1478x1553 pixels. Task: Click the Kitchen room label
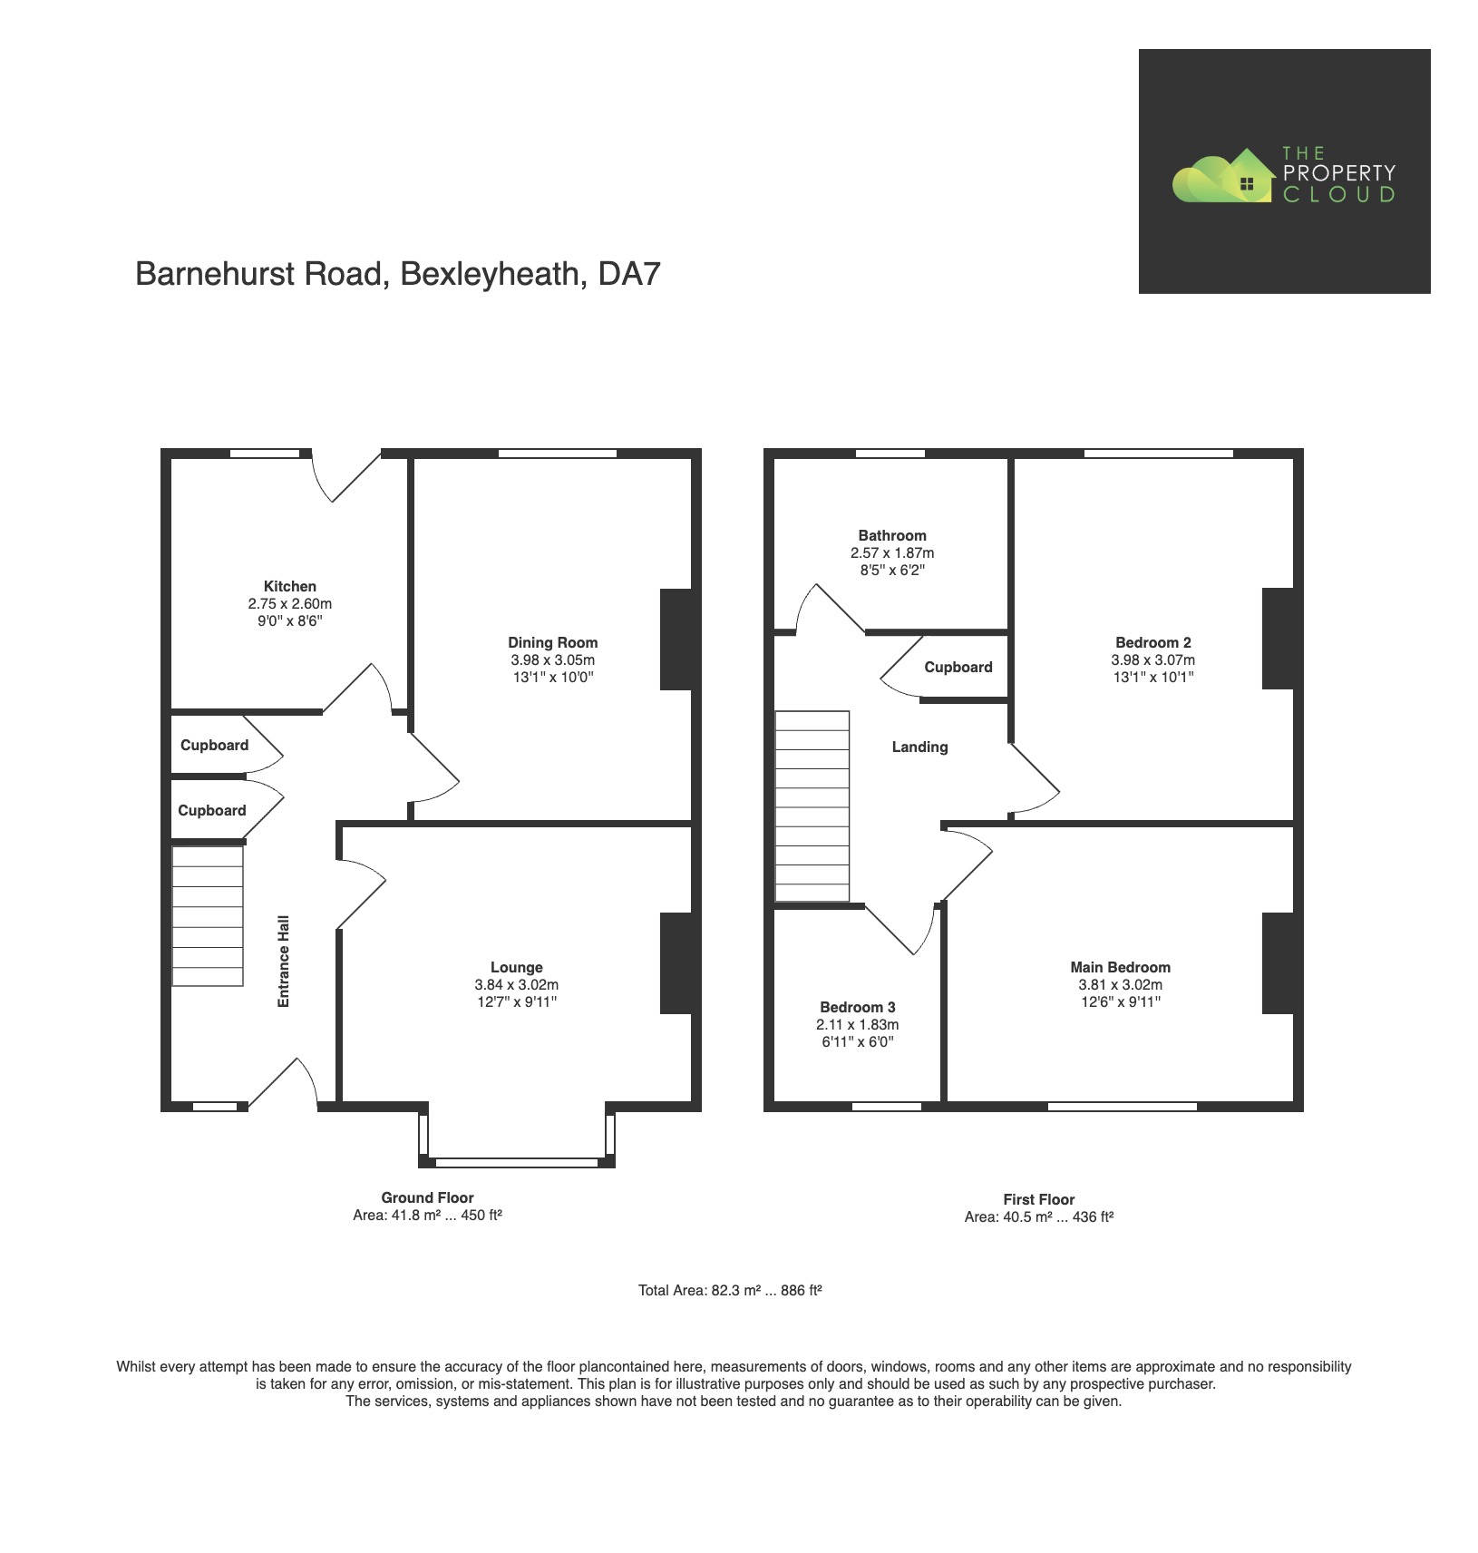pos(289,586)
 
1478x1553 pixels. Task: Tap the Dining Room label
pos(552,642)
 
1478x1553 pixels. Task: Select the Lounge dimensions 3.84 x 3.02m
pos(516,984)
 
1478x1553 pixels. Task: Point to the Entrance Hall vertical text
pos(284,961)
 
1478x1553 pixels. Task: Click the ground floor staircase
pos(208,916)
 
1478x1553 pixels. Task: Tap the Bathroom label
pos(892,535)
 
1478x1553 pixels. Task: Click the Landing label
pos(919,747)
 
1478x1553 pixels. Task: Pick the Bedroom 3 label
pos(857,1007)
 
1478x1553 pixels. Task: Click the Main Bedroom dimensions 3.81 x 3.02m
pos(1120,984)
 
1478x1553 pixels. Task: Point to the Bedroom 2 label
pos(1152,642)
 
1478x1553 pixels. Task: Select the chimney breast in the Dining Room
pos(676,640)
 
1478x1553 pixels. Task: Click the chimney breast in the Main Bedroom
pos(1278,962)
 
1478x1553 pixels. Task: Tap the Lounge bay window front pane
pos(516,1162)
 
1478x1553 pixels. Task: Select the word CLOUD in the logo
pos(1338,194)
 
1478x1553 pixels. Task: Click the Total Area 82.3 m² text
pos(729,1290)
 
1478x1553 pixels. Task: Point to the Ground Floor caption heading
pos(427,1197)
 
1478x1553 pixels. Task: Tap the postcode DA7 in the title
pos(628,273)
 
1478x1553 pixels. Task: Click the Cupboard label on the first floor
pos(958,667)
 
